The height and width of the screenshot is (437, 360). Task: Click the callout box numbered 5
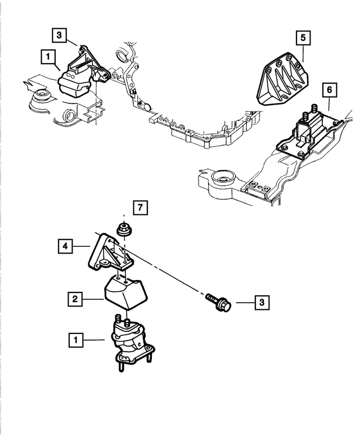coord(302,39)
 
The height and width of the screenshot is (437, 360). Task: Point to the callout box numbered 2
coord(74,299)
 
